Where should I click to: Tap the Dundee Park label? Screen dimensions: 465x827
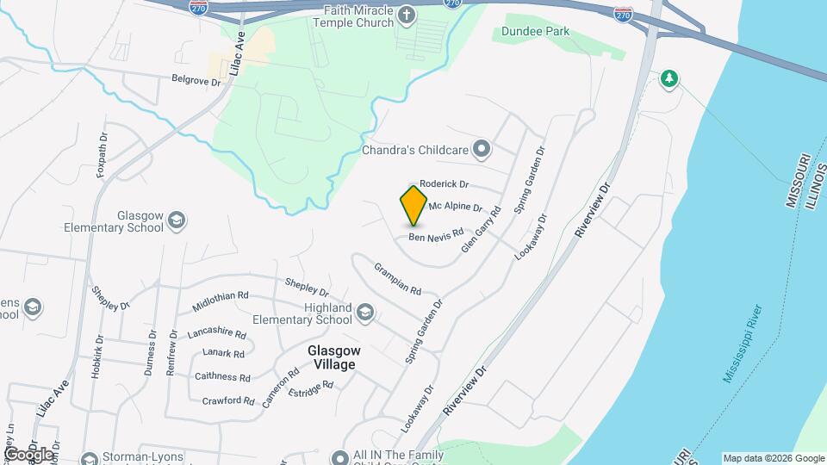coord(537,32)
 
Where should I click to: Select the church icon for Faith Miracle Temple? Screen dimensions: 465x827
coord(407,14)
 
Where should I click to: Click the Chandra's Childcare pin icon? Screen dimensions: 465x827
coord(482,150)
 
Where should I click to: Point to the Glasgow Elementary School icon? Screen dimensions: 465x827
coord(177,220)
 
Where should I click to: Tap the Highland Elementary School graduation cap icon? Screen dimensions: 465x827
coord(365,312)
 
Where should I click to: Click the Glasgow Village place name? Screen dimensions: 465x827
coord(333,358)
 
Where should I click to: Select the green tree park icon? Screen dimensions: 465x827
coord(668,79)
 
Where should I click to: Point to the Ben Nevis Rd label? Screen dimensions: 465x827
coord(436,234)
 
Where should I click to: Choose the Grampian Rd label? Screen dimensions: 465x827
coord(397,277)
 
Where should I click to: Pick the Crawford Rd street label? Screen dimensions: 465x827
coord(227,400)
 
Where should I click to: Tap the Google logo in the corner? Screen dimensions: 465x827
coord(28,454)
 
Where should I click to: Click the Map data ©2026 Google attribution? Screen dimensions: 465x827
coord(773,458)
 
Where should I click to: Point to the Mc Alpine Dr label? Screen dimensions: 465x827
coord(456,207)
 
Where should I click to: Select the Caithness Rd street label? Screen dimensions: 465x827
coord(222,376)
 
